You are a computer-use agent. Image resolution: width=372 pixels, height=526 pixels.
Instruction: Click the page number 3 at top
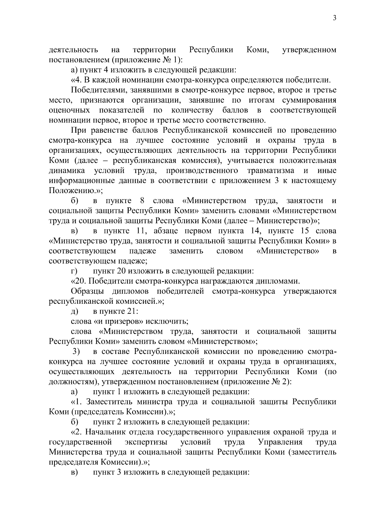(334, 18)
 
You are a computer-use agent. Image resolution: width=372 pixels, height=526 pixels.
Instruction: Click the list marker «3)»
(76, 351)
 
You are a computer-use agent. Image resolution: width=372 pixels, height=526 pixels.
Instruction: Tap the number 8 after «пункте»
(142, 201)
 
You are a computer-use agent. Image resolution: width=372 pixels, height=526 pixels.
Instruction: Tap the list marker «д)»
(74, 311)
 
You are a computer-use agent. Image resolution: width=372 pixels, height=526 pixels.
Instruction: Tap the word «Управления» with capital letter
(280, 442)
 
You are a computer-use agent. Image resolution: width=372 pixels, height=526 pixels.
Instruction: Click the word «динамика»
(67, 170)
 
